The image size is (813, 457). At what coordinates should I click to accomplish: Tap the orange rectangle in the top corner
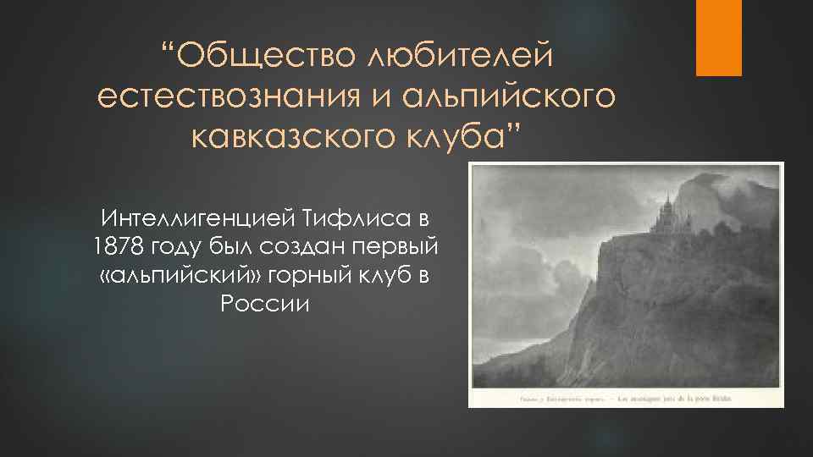point(718,37)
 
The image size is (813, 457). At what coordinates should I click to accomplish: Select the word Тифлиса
point(347,218)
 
